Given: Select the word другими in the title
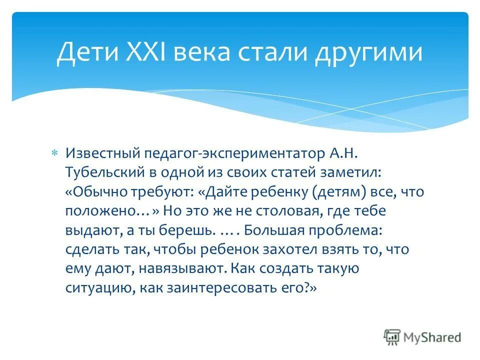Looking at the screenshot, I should click(368, 53).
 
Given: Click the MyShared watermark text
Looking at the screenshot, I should click(432, 337).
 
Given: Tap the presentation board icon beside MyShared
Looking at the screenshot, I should click(392, 337).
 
